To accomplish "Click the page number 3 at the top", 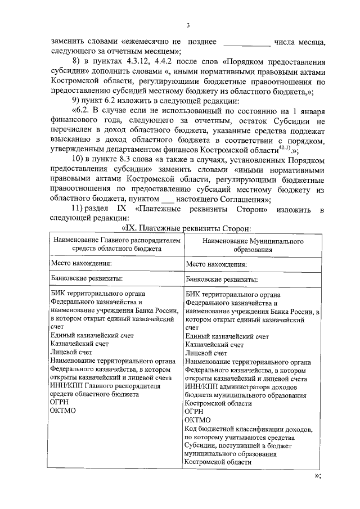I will (x=188, y=26).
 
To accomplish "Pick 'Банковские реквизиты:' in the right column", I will (x=222, y=279).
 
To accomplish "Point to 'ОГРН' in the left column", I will (x=60, y=402).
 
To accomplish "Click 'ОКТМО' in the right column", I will (x=197, y=420).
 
